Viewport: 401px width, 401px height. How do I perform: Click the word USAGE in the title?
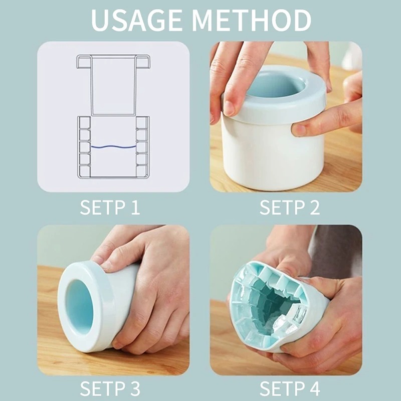pos(136,20)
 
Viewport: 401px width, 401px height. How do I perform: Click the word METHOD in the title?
pos(252,20)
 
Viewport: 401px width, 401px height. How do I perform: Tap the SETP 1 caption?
pos(110,207)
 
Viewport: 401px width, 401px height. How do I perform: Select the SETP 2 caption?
pos(290,207)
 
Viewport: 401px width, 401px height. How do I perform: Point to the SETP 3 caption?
pos(110,388)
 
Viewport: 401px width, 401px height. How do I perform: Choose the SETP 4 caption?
pos(290,388)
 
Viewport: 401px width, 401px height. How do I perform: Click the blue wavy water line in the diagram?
pos(114,147)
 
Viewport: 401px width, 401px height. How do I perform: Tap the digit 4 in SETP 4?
pos(314,388)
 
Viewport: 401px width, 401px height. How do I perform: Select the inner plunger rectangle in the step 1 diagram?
pos(113,86)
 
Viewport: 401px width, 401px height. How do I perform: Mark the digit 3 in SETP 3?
pos(134,388)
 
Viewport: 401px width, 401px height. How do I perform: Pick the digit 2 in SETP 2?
pos(314,207)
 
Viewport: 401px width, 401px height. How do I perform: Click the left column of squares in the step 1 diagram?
pos(84,146)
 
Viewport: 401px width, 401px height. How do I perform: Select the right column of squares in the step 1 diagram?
pos(142,146)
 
